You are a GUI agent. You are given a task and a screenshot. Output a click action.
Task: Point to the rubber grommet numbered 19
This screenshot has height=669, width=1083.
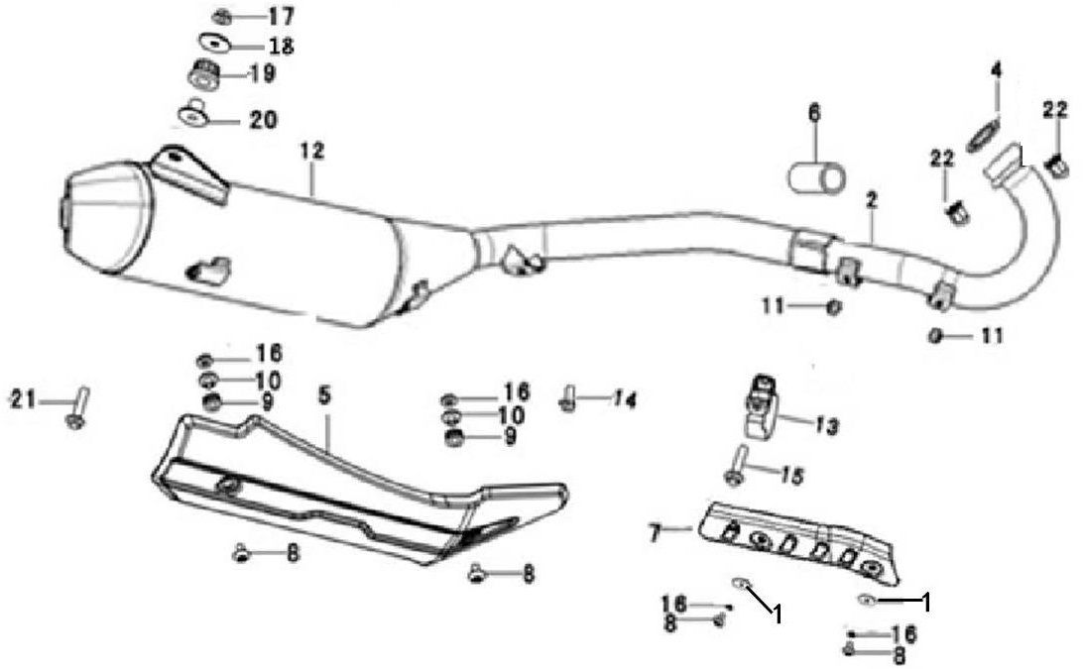[x=204, y=74]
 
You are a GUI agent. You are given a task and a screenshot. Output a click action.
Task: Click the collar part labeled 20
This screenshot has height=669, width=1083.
[x=191, y=114]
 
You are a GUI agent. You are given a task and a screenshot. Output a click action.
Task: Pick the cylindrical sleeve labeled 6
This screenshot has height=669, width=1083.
[x=817, y=177]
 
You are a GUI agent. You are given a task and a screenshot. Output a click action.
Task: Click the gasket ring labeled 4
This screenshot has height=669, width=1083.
[x=982, y=133]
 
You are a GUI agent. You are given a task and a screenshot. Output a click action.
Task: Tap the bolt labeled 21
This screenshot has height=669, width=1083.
[x=77, y=407]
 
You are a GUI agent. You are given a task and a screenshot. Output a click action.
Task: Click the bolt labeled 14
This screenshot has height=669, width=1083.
[x=568, y=400]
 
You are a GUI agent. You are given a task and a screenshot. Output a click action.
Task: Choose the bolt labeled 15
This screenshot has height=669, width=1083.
[x=736, y=465]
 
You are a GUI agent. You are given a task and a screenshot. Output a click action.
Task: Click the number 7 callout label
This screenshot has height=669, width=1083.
[x=654, y=532]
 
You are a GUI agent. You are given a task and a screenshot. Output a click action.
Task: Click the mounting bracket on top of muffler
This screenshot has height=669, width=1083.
[x=188, y=172]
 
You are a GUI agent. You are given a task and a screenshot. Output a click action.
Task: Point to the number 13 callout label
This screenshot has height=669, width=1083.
[x=827, y=427]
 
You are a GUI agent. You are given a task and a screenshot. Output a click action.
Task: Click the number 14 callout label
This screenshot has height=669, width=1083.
[x=623, y=399]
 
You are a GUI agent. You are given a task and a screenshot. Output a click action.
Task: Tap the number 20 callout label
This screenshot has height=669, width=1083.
[x=263, y=120]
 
